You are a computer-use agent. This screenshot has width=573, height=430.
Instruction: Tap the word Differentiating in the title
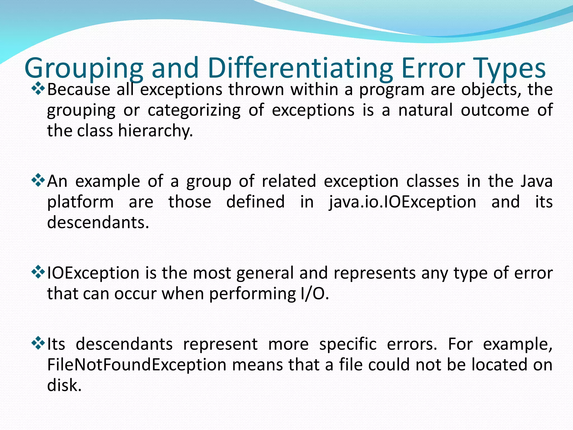300,68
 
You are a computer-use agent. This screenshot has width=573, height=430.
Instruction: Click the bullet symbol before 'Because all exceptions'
38,89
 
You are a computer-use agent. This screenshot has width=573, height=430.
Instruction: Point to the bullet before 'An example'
38,181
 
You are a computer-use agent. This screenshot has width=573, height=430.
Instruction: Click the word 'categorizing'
194,110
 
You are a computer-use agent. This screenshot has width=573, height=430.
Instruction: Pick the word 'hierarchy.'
156,131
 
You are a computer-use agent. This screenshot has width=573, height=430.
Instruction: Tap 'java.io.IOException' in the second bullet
402,202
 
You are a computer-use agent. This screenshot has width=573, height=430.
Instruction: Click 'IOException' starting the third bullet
93,273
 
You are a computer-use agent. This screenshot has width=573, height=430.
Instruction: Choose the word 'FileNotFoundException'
137,365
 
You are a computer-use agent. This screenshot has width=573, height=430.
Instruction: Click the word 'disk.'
64,385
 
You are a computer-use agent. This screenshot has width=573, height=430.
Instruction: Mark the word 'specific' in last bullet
348,344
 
